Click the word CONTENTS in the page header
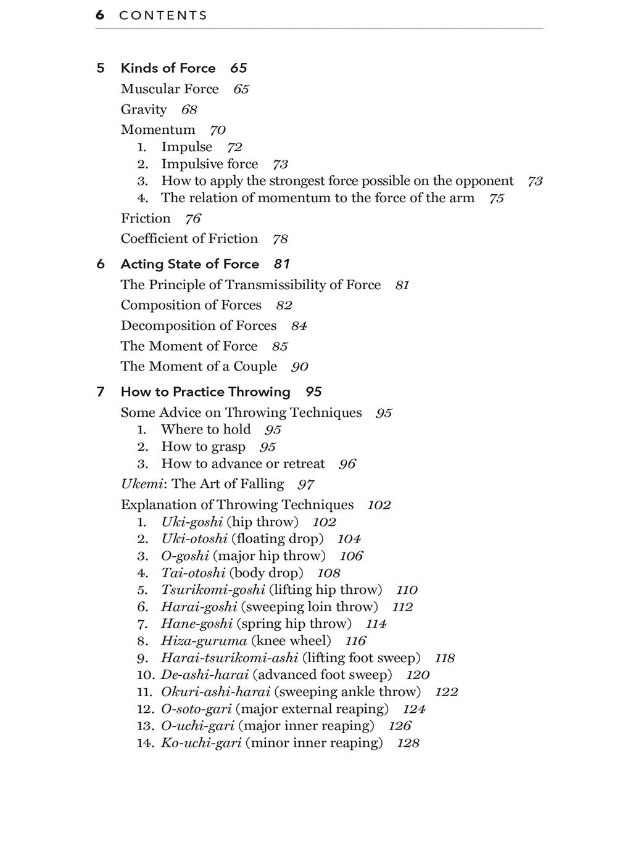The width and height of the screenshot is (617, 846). click(164, 15)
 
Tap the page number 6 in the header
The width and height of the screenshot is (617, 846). click(100, 15)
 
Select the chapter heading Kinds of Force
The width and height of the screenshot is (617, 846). click(168, 68)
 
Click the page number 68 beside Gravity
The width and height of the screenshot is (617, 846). click(189, 110)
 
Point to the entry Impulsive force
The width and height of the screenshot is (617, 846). click(209, 164)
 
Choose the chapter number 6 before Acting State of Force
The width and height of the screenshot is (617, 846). click(101, 264)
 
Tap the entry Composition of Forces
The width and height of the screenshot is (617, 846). click(191, 305)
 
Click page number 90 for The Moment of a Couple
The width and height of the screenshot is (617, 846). click(299, 367)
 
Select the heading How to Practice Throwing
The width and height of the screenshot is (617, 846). click(205, 392)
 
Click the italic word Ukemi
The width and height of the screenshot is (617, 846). click(136, 484)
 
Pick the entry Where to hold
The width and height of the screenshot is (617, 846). click(205, 430)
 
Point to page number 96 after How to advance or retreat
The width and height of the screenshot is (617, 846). click(347, 464)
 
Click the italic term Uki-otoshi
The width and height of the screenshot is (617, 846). click(194, 539)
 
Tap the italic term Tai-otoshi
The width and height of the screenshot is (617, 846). click(193, 573)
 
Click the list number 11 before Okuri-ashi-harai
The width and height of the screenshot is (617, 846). click(144, 692)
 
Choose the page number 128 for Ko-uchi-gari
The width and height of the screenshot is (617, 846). click(408, 743)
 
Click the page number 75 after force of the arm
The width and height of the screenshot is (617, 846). click(496, 198)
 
